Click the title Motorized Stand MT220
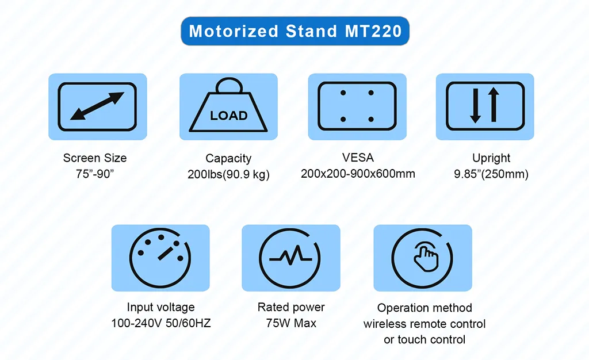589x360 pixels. click(295, 31)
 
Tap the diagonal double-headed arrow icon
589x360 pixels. click(97, 106)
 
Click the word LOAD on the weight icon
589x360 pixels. click(228, 116)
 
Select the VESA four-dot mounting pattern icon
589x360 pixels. click(357, 106)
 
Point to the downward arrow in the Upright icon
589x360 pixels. click(475, 106)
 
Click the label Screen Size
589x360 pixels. click(95, 158)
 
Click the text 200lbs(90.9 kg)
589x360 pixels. click(228, 174)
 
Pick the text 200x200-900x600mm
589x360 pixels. click(358, 173)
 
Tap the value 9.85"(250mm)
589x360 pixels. click(491, 174)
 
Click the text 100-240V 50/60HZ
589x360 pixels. click(161, 323)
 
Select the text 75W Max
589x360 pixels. click(291, 323)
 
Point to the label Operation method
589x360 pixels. click(424, 308)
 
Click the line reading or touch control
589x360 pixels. click(424, 339)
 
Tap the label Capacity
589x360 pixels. click(228, 158)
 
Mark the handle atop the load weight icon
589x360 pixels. click(228, 86)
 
